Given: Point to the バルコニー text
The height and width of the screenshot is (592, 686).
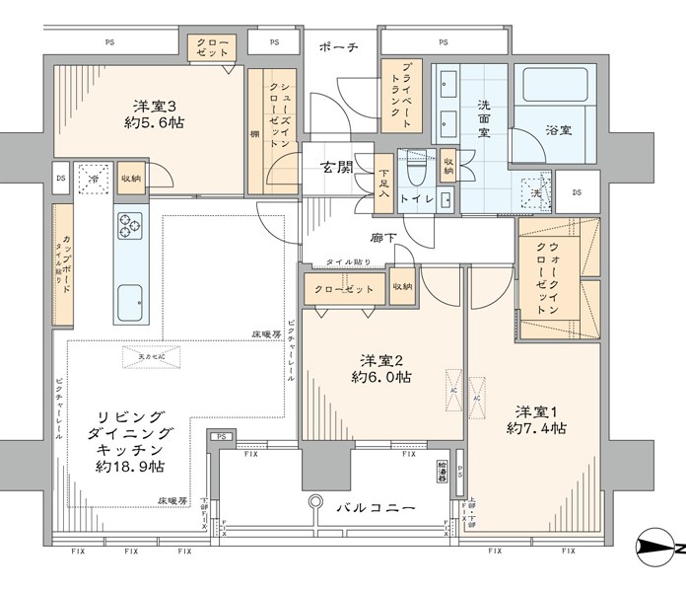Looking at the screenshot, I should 374,508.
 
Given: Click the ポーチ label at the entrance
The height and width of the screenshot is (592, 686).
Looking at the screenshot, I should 338,47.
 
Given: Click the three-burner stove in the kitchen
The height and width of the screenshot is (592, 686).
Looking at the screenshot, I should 130,226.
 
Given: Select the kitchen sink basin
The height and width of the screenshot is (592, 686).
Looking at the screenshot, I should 130,303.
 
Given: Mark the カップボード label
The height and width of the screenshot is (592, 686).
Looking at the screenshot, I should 63,263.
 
